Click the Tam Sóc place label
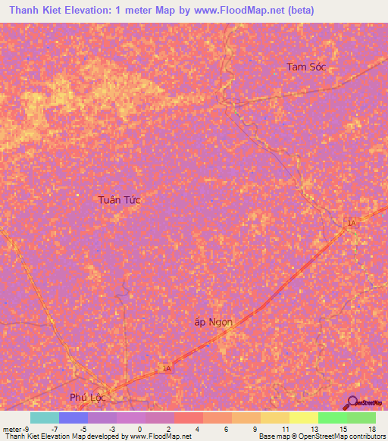point(306,67)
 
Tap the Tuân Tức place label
point(120,199)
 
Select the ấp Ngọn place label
point(213,322)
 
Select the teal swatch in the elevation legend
point(45,418)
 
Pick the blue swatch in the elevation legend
point(74,418)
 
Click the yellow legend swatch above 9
point(275,418)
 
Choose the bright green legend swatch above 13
point(333,418)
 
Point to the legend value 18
point(371,428)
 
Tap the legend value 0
point(139,428)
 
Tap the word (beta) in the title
point(296,11)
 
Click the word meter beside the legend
point(12,428)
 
